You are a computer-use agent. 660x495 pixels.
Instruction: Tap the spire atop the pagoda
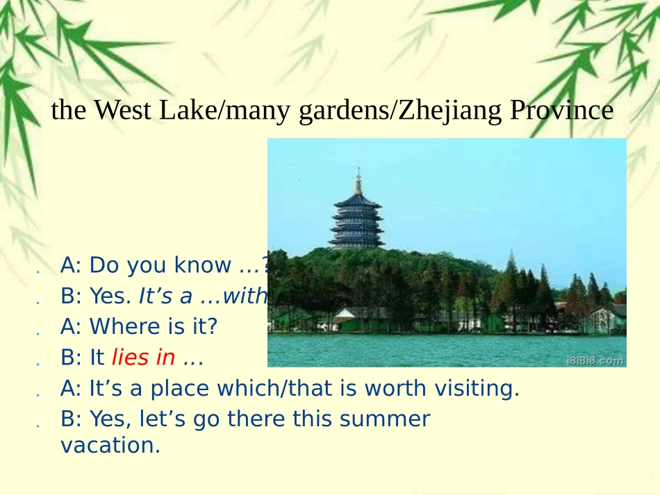[358, 179]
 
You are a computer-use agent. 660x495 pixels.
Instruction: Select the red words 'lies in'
[143, 358]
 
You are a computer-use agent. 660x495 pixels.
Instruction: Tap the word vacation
[110, 446]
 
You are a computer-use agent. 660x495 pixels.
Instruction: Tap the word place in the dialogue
[189, 389]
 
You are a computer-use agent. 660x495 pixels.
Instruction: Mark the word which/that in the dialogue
[282, 389]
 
